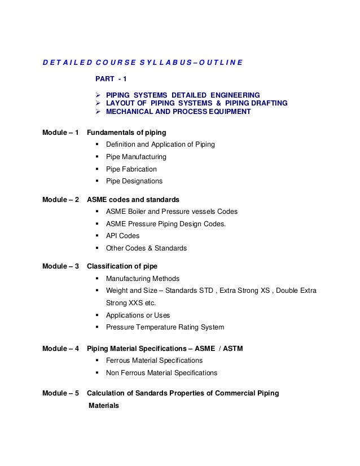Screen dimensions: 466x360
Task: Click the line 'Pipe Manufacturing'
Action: click(x=136, y=157)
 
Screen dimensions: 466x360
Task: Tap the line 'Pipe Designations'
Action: click(x=134, y=182)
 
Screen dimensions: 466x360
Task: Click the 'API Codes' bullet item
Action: click(x=122, y=236)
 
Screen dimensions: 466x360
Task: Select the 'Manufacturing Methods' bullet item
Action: click(x=143, y=278)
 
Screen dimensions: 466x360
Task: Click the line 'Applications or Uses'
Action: click(x=138, y=315)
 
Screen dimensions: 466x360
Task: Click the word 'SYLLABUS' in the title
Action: click(x=160, y=61)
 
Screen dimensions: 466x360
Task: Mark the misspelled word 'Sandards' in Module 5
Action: click(x=148, y=393)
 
